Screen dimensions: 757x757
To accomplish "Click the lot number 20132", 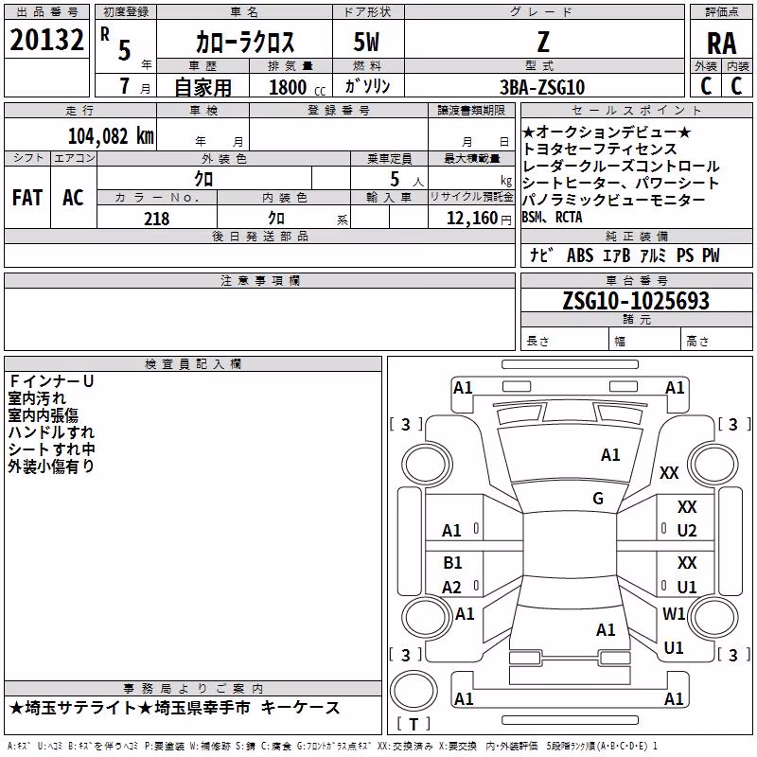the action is [x=46, y=40].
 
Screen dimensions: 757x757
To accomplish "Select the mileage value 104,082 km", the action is [x=111, y=136].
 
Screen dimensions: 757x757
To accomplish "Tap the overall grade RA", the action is [x=722, y=44].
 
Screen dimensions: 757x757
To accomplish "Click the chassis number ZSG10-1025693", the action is [x=636, y=301].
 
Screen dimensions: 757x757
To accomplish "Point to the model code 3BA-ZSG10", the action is [x=542, y=87].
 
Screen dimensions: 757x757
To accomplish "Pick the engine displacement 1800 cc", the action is [x=297, y=87].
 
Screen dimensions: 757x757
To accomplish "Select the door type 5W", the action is [x=366, y=42].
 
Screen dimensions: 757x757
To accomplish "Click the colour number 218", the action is [x=157, y=219].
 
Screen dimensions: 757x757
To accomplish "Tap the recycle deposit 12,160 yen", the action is [x=479, y=219].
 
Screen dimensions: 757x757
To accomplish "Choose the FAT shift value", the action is [x=27, y=198].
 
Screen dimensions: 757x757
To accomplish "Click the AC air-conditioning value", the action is [x=74, y=198].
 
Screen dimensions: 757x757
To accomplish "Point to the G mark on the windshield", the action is [x=598, y=498].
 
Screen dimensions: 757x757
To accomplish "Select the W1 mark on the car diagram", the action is [x=674, y=613].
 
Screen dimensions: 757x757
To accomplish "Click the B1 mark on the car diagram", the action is [x=452, y=562].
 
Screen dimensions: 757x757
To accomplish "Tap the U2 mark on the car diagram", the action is [x=687, y=531].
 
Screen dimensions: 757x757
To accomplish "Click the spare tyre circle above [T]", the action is [x=414, y=691].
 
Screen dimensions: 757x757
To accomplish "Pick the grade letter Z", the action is [x=543, y=42].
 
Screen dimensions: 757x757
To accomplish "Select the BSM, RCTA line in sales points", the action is [x=552, y=218].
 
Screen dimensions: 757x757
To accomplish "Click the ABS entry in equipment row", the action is [x=580, y=255].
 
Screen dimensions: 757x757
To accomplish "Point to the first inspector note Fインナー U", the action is [x=51, y=381].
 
